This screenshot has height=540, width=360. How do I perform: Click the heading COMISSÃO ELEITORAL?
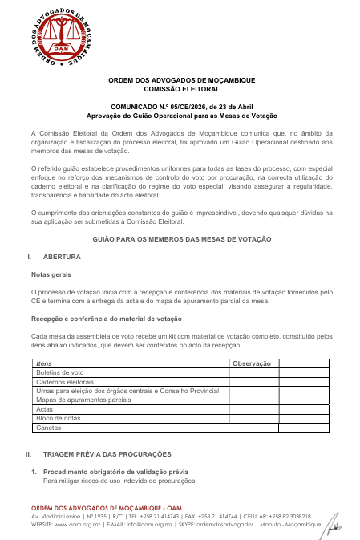coord(181,90)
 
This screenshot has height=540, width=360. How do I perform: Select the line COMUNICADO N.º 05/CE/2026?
coord(181,106)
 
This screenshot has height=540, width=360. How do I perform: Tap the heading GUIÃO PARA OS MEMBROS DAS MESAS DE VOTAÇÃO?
coord(181,239)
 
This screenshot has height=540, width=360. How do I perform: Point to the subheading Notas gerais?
coord(51,274)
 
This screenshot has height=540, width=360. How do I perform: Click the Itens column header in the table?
coord(46,363)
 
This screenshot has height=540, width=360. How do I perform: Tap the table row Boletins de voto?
coord(61,372)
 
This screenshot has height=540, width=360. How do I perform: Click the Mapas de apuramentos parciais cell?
coord(83,400)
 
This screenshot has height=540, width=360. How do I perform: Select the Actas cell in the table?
coord(46,409)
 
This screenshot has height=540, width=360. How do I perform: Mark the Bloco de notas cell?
coord(59,418)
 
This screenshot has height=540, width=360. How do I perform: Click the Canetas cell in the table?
coord(51,428)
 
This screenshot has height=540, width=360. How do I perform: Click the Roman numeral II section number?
coord(30,454)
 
